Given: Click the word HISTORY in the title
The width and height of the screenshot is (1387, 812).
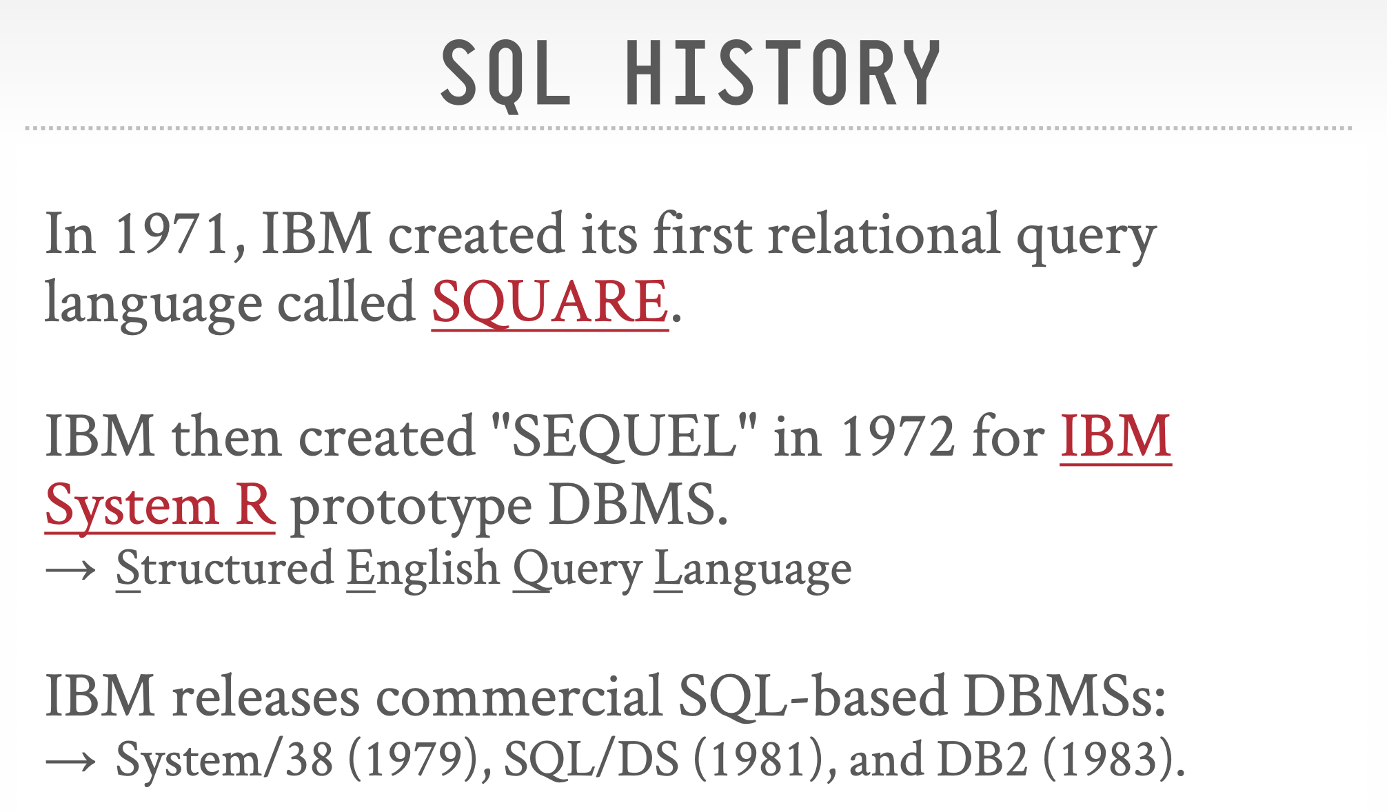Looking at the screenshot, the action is click(782, 72).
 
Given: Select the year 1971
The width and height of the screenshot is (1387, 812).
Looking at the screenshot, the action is click(172, 234).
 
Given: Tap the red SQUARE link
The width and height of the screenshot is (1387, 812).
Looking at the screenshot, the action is click(549, 303).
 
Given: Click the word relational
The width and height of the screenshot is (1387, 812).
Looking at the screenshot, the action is click(884, 234).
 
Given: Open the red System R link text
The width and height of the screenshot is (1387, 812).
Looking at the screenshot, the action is click(160, 505).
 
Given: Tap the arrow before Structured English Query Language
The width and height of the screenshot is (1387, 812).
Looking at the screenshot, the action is click(70, 570).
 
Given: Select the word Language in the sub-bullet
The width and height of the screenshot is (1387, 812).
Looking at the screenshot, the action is click(753, 570).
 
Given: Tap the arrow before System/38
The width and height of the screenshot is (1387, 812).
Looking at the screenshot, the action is click(70, 761).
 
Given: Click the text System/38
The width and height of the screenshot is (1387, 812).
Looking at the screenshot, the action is click(225, 760).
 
